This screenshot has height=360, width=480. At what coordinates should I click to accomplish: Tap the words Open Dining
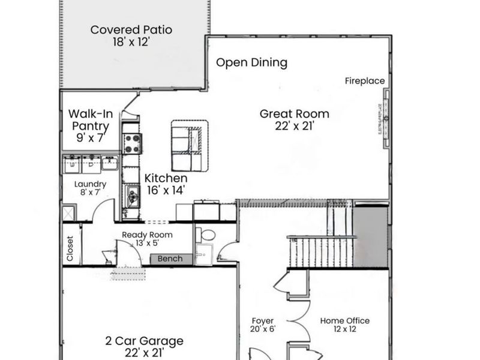(251, 62)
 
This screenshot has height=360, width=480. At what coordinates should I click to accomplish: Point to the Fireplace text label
(365, 81)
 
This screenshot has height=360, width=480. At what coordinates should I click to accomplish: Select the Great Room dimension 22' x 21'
(294, 126)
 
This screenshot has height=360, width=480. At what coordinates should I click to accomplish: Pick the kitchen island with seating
(190, 144)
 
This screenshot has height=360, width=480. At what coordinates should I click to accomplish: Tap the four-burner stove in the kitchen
(132, 143)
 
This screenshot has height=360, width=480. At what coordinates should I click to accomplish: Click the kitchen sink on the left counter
(132, 194)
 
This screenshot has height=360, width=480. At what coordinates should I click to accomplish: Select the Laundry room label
(90, 184)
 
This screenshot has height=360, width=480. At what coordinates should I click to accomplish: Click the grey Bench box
(170, 259)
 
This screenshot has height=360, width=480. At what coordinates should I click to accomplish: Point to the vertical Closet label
(70, 248)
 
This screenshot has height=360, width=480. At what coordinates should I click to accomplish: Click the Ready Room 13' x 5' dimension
(147, 243)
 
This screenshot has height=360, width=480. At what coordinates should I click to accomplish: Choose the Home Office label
(344, 320)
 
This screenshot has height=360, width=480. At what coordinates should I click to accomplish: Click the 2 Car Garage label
(144, 341)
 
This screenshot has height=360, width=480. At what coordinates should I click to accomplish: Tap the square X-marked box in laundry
(68, 212)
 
